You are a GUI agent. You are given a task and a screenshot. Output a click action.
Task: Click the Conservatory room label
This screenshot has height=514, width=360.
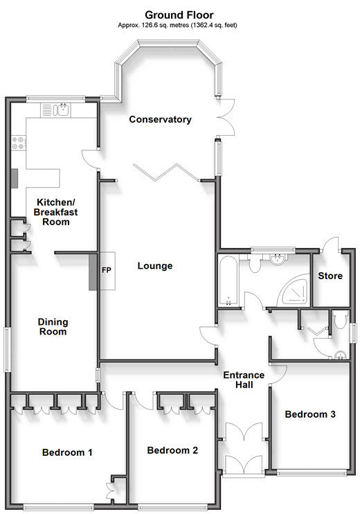coord(160,119)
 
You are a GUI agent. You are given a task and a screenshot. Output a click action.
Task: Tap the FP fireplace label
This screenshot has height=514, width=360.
coord(107,270)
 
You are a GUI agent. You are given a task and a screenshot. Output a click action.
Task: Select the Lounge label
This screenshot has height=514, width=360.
coord(155,266)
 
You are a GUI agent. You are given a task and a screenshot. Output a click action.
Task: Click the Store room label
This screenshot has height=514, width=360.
coord(330,276)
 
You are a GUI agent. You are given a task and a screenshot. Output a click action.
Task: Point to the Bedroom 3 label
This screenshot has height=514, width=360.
coord(310,414)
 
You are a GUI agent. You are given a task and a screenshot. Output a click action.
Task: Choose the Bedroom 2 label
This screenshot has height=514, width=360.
coord(172,450)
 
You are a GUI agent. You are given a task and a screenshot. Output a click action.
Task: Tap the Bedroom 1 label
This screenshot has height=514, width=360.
coord(67,453)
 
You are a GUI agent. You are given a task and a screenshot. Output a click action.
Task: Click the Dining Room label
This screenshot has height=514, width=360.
coord(53,327)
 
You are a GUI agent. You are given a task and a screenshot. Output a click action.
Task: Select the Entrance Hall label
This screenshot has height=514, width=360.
coord(244,380)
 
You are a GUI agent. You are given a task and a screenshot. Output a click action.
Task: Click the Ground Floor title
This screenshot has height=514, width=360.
coord(179,15)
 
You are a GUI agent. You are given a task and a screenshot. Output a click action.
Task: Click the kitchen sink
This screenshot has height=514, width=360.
coord(55,110)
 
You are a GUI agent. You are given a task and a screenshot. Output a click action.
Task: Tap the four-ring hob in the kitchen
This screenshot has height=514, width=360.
coord(19,143)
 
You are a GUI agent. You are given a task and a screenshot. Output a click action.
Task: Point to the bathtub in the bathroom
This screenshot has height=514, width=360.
coord(228,281)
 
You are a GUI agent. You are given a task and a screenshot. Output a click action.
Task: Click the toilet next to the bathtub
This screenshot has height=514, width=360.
coord(255,263)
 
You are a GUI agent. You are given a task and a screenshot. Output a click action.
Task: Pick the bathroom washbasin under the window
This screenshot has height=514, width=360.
coord(279,259)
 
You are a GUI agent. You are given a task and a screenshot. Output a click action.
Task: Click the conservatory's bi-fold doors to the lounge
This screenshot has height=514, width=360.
coord(166,172)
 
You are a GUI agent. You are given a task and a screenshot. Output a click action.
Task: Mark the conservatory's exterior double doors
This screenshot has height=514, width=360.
coord(226,116)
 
